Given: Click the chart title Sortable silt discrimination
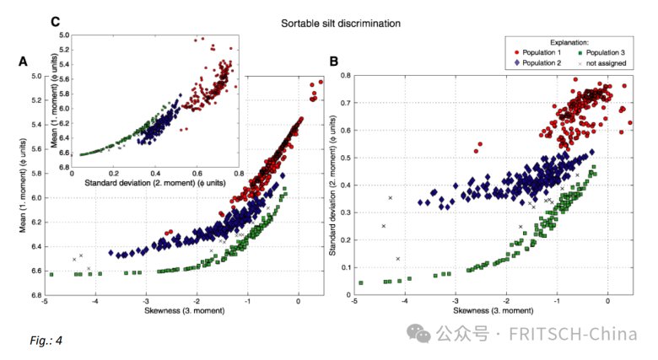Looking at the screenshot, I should (340, 23).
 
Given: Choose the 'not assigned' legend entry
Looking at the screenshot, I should (605, 63).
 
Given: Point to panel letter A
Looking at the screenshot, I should (24, 62).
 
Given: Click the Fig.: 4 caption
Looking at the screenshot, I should (46, 341).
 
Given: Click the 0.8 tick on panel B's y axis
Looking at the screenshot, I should (342, 77).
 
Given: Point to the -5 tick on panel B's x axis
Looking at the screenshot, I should (353, 304).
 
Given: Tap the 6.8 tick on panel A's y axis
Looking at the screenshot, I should (38, 296).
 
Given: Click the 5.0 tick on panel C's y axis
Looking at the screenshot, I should (63, 36).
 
